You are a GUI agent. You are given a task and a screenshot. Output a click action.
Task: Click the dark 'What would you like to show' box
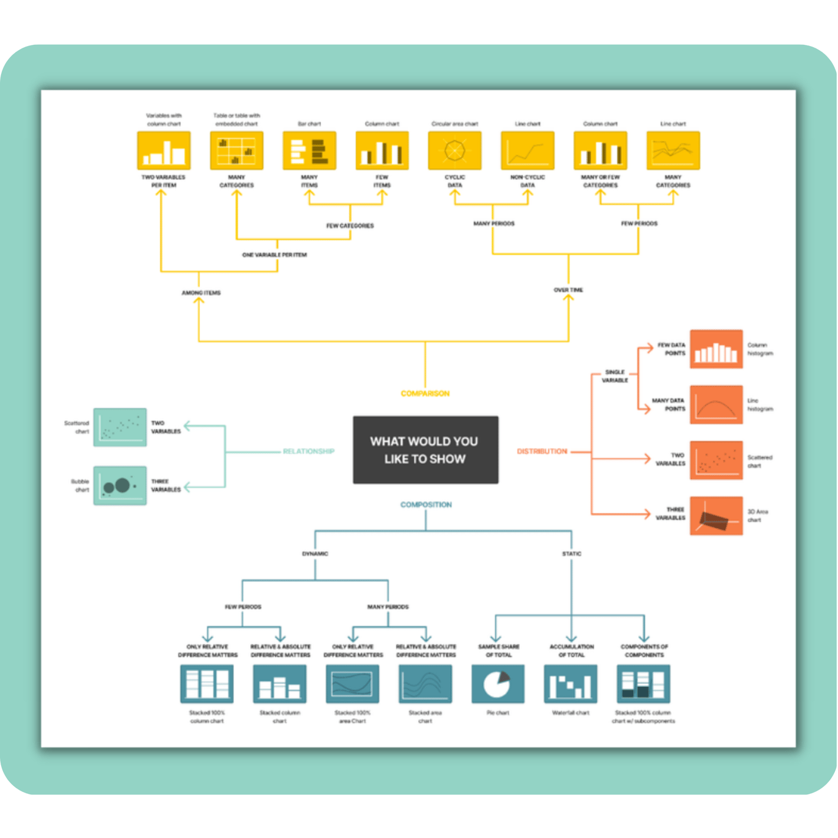point(425,450)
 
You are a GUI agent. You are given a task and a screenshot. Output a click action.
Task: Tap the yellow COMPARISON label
point(425,394)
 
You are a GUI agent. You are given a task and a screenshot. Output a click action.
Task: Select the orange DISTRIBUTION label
point(542,451)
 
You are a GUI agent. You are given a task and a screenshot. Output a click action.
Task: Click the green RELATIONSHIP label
point(308,451)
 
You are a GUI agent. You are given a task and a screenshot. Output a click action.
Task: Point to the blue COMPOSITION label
point(425,505)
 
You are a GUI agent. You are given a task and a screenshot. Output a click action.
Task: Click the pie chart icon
point(497,684)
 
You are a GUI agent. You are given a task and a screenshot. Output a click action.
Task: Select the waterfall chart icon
point(570,684)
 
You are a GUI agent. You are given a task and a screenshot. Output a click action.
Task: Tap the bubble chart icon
point(120,486)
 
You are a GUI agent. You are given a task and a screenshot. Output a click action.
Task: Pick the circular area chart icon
point(454,150)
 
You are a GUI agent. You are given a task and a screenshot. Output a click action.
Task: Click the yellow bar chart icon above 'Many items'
point(309,150)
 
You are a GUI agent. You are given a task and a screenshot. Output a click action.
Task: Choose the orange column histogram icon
point(716,349)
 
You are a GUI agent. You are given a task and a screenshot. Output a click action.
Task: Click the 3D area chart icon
point(716,516)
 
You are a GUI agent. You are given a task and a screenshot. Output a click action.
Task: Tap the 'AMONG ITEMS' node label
point(201,293)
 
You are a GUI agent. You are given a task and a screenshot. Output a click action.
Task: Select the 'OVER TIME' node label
point(568,290)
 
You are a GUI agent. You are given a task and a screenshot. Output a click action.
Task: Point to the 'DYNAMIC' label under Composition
point(315,554)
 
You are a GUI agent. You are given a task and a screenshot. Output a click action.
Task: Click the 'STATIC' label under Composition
point(571,554)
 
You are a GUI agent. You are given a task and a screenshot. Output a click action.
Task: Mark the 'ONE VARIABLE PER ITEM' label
point(274,255)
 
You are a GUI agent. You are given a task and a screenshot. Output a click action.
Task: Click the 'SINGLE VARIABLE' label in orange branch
point(615,377)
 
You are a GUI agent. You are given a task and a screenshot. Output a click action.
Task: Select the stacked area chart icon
point(425,684)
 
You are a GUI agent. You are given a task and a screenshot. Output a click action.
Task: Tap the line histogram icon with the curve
point(716,405)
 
